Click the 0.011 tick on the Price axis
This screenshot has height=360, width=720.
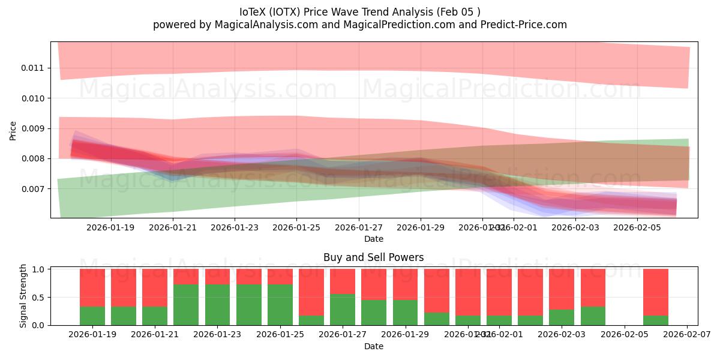(x=32, y=68)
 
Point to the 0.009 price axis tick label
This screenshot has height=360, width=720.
(x=32, y=128)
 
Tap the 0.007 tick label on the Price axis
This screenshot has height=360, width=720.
(x=32, y=189)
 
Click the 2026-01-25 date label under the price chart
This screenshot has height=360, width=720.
(x=296, y=228)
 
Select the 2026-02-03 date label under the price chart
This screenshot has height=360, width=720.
(x=575, y=228)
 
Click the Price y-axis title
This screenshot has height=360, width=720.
(x=13, y=130)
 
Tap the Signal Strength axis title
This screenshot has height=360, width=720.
(x=23, y=296)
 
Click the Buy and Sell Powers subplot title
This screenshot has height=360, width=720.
(x=373, y=258)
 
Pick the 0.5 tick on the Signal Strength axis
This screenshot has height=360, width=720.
(x=38, y=298)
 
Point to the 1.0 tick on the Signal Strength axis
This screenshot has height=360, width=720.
(x=38, y=269)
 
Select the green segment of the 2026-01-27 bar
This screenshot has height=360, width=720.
(x=343, y=310)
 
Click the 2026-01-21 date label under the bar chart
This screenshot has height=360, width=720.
(x=155, y=335)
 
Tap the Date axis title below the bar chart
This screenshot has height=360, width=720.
(x=373, y=346)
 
